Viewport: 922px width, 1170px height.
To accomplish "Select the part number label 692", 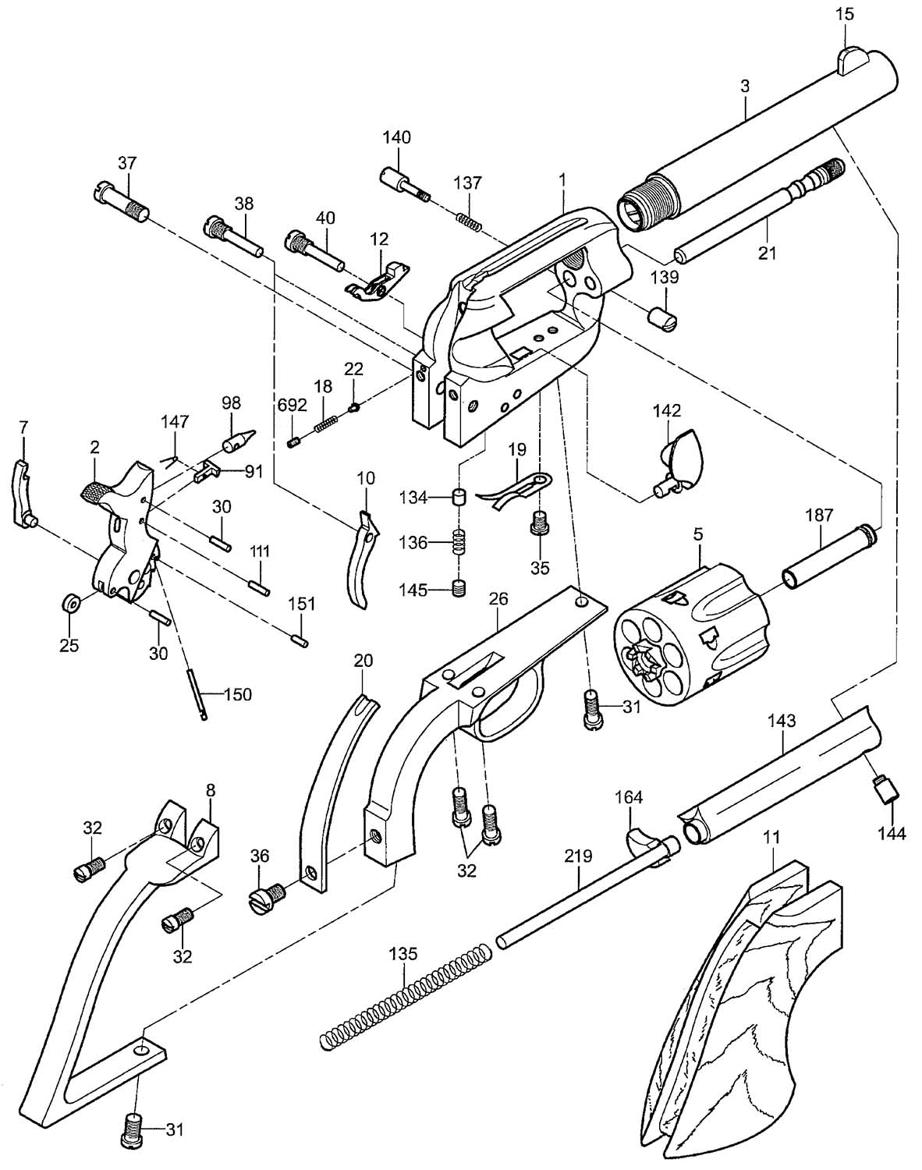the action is (293, 405).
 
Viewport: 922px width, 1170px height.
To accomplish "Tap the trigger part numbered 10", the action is (362, 559).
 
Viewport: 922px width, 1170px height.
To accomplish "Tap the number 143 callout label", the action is (782, 721).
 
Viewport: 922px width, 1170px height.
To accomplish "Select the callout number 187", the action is (819, 515).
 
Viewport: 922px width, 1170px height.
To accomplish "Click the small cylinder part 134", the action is (460, 497).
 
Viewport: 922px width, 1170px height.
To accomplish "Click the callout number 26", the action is (498, 598).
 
